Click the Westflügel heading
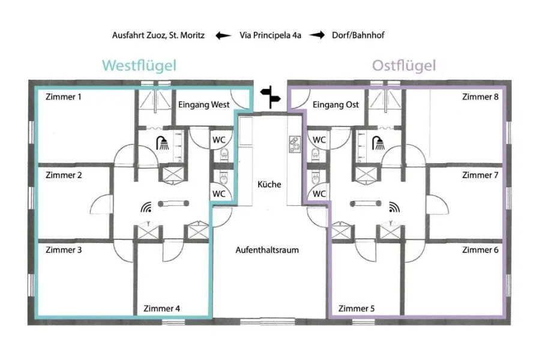coord(139,65)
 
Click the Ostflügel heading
coord(404,65)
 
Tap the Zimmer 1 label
coord(64,97)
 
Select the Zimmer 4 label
coord(161,309)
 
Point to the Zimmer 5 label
coord(357,309)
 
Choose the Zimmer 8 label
coord(480,97)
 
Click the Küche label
coord(269,184)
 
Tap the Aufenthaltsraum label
coord(267,250)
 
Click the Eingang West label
coord(204,104)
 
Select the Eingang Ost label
coord(336,104)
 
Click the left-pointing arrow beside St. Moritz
coord(223,35)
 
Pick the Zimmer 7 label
coord(480,175)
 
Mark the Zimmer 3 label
coord(64,250)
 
